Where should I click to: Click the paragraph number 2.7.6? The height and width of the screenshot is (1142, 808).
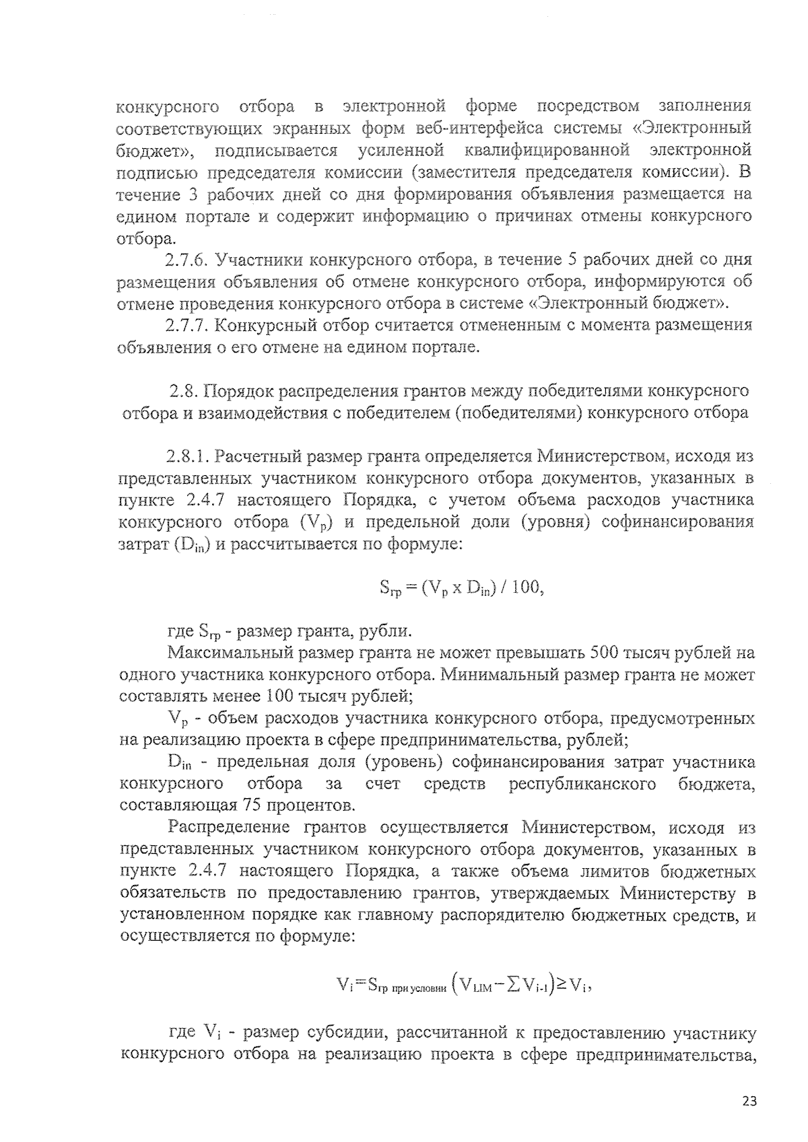pyautogui.click(x=188, y=260)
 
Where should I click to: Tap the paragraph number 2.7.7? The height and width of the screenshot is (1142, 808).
pyautogui.click(x=188, y=326)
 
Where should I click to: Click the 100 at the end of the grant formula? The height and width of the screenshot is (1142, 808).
pyautogui.click(x=526, y=587)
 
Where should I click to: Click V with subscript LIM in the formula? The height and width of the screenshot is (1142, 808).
pyautogui.click(x=477, y=987)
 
